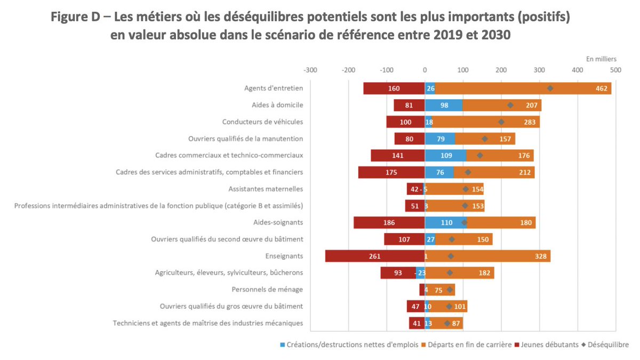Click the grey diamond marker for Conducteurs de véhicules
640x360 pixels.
click(501, 122)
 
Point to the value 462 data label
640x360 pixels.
click(602, 89)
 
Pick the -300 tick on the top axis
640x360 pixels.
click(310, 70)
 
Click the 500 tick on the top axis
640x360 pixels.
click(615, 70)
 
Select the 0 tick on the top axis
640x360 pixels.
click(425, 70)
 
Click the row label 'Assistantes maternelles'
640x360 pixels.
click(266, 189)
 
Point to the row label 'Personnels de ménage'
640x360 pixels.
click(267, 289)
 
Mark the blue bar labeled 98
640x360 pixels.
click(444, 105)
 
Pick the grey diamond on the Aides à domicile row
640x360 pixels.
click(510, 105)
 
